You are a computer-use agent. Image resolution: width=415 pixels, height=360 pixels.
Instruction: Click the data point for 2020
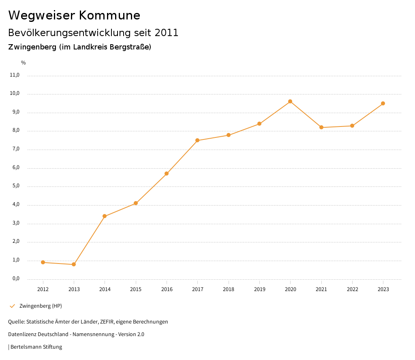[x=290, y=101]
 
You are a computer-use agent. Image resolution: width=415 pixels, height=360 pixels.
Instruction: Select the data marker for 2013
[x=74, y=264]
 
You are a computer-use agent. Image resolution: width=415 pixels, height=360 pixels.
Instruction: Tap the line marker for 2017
[x=197, y=140]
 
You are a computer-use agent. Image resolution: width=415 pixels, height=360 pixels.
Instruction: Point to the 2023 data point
[x=383, y=103]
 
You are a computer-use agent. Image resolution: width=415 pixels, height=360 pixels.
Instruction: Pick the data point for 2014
[x=105, y=216]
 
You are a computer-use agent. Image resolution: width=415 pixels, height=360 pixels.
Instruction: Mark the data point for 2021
[x=321, y=127]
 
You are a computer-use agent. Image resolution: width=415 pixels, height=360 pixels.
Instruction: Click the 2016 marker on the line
[x=167, y=174]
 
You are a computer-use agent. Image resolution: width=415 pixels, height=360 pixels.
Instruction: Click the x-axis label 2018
[x=229, y=289]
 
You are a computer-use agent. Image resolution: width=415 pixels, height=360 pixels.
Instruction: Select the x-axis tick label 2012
[x=43, y=289]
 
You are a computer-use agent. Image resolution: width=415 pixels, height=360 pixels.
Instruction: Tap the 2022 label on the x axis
[x=352, y=289]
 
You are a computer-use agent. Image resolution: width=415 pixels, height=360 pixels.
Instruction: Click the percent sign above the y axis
[x=24, y=63]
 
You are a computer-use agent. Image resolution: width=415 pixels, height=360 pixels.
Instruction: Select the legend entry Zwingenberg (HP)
[x=41, y=306]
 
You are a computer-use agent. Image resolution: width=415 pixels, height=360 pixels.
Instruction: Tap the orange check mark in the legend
[x=12, y=306]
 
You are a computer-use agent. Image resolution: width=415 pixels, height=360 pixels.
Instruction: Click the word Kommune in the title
[x=109, y=15]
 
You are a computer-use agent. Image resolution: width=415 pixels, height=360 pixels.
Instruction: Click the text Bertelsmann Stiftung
[x=36, y=347]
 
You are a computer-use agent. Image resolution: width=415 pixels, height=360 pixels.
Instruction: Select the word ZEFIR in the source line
[x=106, y=322]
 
